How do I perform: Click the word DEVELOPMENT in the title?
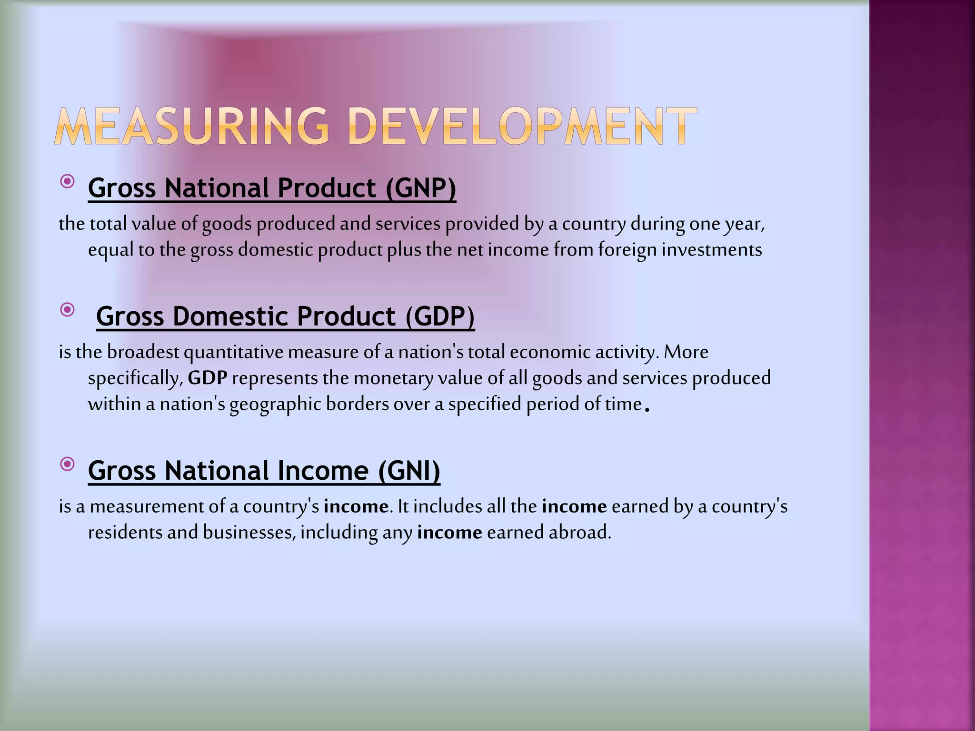522,126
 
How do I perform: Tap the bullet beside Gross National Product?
68,181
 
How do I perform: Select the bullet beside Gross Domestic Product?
68,310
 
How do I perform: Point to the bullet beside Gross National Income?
68,464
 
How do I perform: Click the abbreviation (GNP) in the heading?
420,188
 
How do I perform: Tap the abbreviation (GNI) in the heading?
409,471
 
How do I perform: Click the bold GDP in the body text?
208,378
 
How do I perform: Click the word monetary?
393,378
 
